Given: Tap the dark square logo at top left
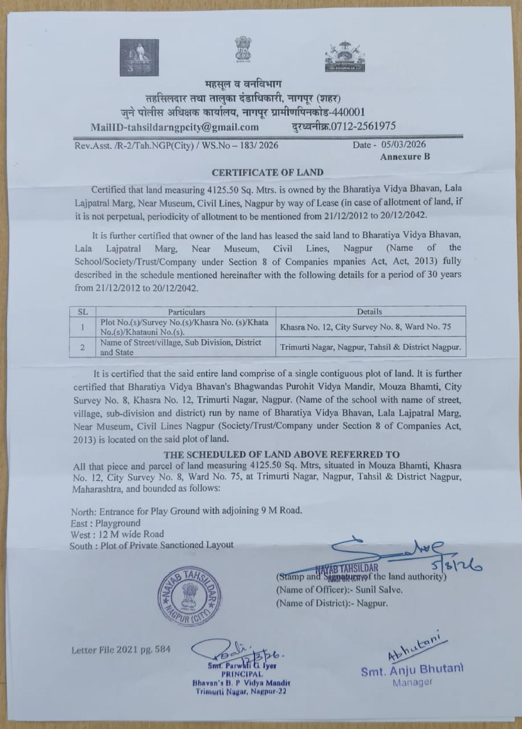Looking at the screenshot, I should point(139,57).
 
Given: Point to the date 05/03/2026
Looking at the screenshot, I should point(403,144).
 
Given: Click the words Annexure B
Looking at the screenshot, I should point(405,157).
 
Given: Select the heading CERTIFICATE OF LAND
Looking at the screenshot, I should point(267,172).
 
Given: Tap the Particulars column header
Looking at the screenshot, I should point(186,312).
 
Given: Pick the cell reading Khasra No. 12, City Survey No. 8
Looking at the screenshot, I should point(366,327).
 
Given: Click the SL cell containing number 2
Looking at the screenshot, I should point(83,347).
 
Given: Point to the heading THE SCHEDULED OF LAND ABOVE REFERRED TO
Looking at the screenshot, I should point(282,455).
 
